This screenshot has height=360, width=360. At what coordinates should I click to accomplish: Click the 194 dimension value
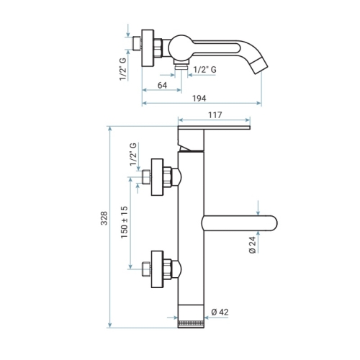(x=199, y=99)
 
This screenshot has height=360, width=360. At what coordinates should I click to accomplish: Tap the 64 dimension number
(x=162, y=85)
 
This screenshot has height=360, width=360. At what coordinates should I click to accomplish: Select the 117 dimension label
(x=215, y=115)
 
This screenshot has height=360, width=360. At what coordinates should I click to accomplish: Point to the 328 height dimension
(x=104, y=218)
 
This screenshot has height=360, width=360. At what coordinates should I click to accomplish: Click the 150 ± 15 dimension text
(x=125, y=222)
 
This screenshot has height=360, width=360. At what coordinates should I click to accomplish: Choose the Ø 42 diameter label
(x=220, y=312)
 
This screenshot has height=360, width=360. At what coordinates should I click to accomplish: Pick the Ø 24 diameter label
(x=253, y=245)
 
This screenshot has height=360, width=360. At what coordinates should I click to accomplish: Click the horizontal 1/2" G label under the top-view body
(x=204, y=70)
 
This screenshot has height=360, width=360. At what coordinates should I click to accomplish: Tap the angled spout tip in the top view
(x=259, y=66)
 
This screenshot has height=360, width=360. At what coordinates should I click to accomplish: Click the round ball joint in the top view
(x=179, y=47)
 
